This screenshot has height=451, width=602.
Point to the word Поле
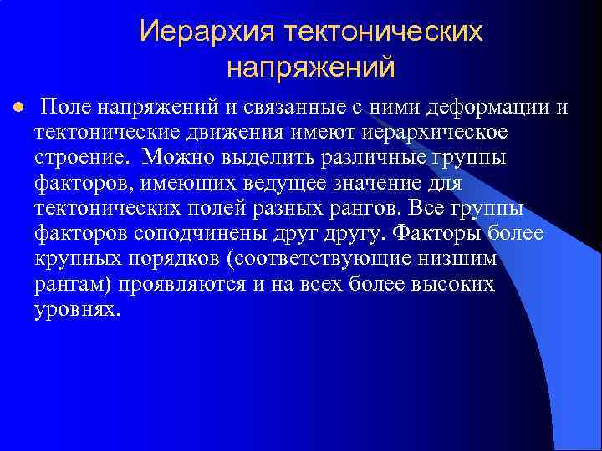click(66, 108)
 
